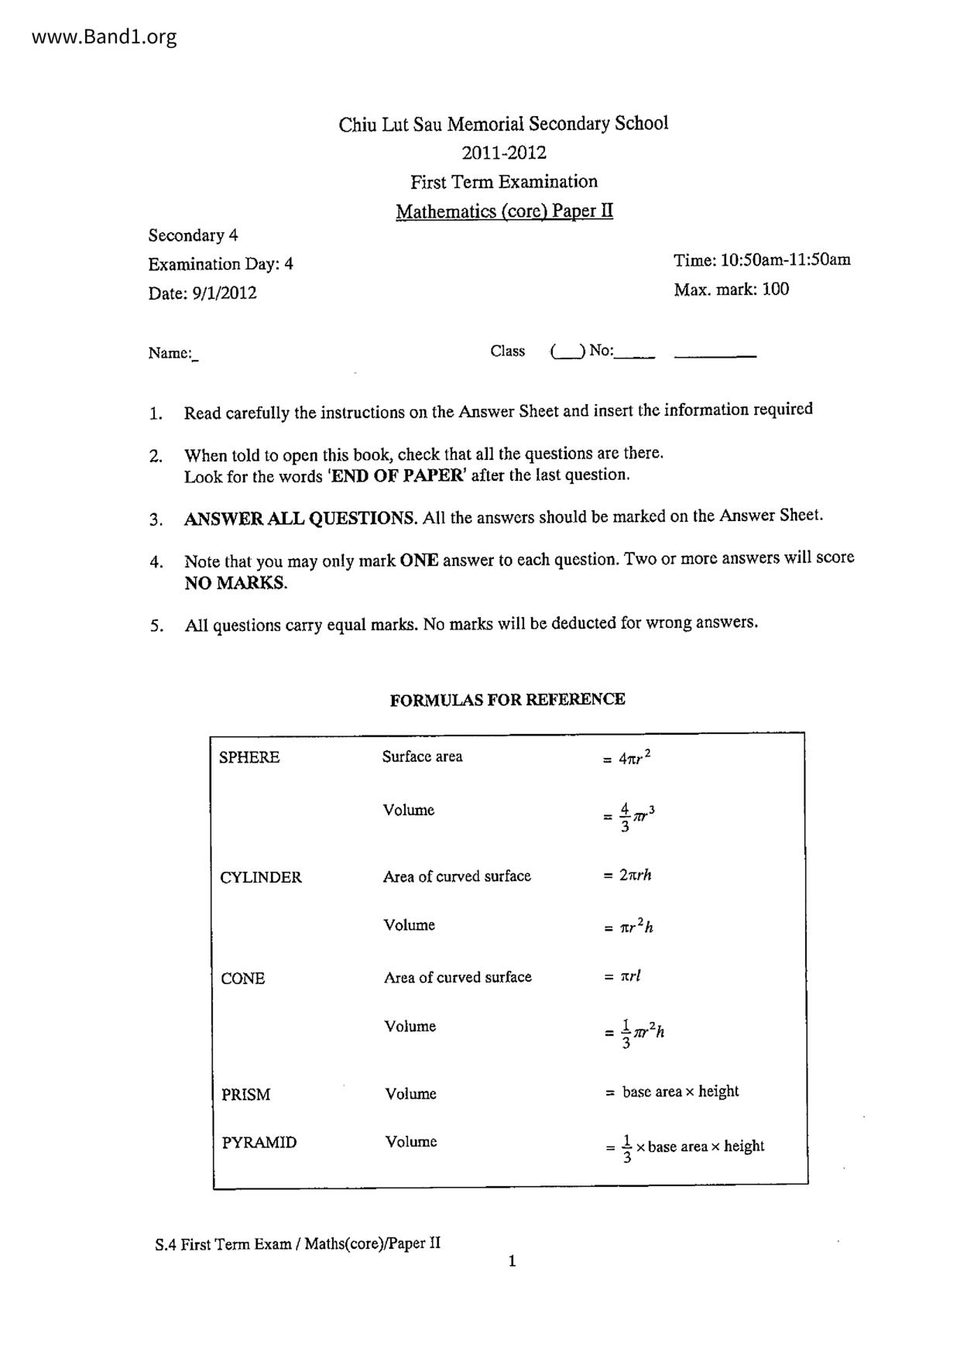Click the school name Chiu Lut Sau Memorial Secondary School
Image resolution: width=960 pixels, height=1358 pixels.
503,124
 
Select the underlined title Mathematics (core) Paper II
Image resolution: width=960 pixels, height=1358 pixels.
504,211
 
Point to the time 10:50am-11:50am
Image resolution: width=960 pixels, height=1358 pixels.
785,259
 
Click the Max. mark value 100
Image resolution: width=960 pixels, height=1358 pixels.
776,290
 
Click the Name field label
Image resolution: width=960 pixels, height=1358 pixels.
170,353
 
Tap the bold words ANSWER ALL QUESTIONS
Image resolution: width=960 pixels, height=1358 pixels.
300,519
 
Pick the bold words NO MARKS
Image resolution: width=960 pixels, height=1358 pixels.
235,583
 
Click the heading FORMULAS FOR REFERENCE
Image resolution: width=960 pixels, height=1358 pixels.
507,700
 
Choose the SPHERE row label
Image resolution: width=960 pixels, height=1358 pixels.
249,757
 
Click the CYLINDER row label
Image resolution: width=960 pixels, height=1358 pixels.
261,877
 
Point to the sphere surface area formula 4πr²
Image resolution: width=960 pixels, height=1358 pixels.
634,758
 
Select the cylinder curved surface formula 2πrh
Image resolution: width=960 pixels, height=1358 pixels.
635,876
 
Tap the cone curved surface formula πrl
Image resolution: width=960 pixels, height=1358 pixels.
630,976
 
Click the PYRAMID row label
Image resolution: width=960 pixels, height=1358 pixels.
259,1143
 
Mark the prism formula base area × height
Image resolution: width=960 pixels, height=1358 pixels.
680,1092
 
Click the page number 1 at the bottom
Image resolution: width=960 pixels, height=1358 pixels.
512,1261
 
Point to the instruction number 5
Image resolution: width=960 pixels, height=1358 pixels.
157,626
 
